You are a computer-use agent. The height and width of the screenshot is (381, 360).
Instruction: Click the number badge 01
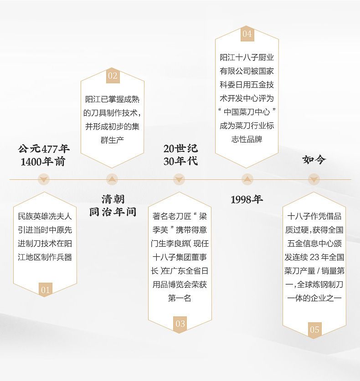[x=45, y=290]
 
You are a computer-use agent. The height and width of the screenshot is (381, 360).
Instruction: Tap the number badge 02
[x=112, y=76]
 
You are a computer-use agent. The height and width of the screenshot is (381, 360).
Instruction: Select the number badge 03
[x=180, y=324]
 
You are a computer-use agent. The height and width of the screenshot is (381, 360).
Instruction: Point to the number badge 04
[x=247, y=34]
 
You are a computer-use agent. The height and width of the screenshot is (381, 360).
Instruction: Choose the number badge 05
[x=314, y=330]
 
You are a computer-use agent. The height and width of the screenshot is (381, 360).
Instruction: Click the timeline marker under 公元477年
[x=44, y=179]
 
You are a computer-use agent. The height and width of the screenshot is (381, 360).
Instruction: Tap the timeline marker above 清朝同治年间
[x=112, y=179]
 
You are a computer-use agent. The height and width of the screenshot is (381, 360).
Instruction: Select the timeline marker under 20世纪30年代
[x=180, y=179]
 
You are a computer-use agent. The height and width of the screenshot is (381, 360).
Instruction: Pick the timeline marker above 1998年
[x=247, y=179]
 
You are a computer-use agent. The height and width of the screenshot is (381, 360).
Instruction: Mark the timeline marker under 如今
[x=314, y=179]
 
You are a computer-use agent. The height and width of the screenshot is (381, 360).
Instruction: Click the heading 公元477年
[x=44, y=149]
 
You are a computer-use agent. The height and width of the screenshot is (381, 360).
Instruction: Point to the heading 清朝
[x=113, y=199]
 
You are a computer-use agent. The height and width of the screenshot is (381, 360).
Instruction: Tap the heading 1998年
[x=247, y=199]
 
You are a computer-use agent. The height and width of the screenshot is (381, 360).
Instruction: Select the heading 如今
[x=314, y=160]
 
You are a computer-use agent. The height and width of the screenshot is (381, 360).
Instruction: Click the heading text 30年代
[x=180, y=161]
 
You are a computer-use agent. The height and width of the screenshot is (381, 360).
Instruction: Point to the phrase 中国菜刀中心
[x=247, y=112]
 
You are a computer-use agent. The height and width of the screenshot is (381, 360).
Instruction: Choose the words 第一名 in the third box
[x=180, y=298]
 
